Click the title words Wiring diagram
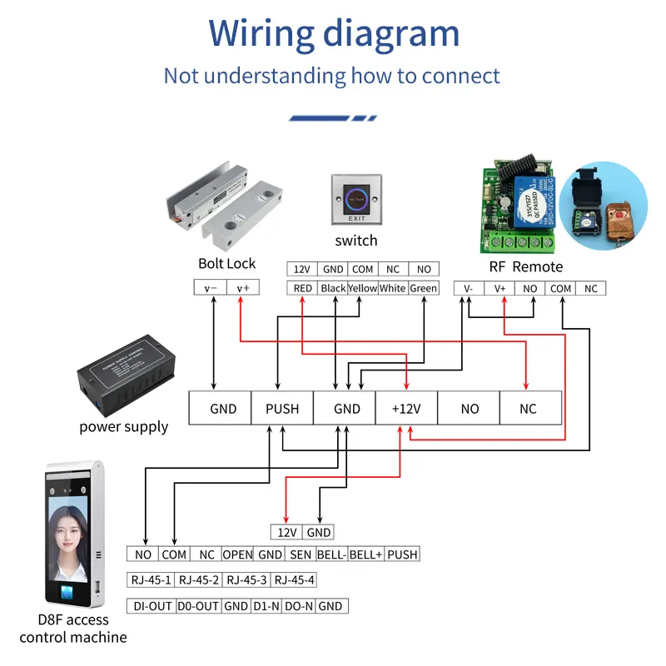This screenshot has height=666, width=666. (x=334, y=34)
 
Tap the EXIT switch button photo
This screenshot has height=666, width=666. (x=355, y=198)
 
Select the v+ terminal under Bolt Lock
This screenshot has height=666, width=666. (x=241, y=288)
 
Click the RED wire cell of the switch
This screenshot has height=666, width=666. (x=303, y=288)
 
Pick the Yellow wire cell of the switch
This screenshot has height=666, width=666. (x=362, y=288)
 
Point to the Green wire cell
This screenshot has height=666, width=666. (x=424, y=288)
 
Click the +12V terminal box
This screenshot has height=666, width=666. (x=405, y=408)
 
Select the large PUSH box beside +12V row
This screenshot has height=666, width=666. (x=282, y=408)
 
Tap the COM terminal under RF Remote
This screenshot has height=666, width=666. (x=560, y=288)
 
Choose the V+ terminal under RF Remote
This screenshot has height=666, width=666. (x=500, y=288)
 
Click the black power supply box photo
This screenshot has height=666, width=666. (x=124, y=375)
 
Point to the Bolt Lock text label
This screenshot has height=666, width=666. (x=227, y=264)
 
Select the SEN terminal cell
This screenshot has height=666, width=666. (x=301, y=554)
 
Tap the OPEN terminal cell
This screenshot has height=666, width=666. (x=237, y=554)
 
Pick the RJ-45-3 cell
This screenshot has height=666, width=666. (x=247, y=580)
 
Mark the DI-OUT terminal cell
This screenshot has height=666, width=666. (x=151, y=606)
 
